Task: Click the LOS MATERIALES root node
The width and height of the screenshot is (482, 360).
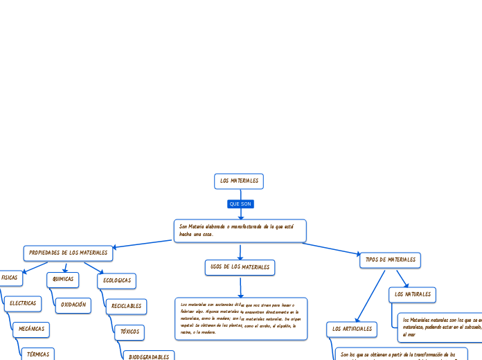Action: point(239,181)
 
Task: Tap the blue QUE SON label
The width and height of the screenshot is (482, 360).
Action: point(240,204)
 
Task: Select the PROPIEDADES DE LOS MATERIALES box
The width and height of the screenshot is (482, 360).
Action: point(68,253)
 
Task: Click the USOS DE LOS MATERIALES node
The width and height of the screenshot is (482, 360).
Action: point(240,267)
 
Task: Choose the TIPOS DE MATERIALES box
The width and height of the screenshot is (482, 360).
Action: point(390,260)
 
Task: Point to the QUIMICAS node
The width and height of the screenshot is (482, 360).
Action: point(62,279)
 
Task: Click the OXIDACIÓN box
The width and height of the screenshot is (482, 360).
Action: point(73,305)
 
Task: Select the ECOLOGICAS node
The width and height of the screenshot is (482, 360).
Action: point(116,280)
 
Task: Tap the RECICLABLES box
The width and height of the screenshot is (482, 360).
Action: point(126,306)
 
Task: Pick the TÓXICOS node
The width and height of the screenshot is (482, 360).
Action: point(130,332)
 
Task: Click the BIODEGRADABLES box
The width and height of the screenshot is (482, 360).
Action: point(148,357)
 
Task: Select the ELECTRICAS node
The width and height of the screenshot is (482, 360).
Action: point(22,303)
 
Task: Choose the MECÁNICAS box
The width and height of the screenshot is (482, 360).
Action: point(31,329)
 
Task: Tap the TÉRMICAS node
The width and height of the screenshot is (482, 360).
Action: point(37,354)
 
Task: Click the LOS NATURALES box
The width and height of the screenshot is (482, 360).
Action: point(412,294)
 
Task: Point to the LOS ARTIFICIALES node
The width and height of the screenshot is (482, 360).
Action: point(352,329)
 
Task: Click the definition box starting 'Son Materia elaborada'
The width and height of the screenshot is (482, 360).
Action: point(240,231)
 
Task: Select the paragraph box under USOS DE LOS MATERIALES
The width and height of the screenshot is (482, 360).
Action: point(240,318)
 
